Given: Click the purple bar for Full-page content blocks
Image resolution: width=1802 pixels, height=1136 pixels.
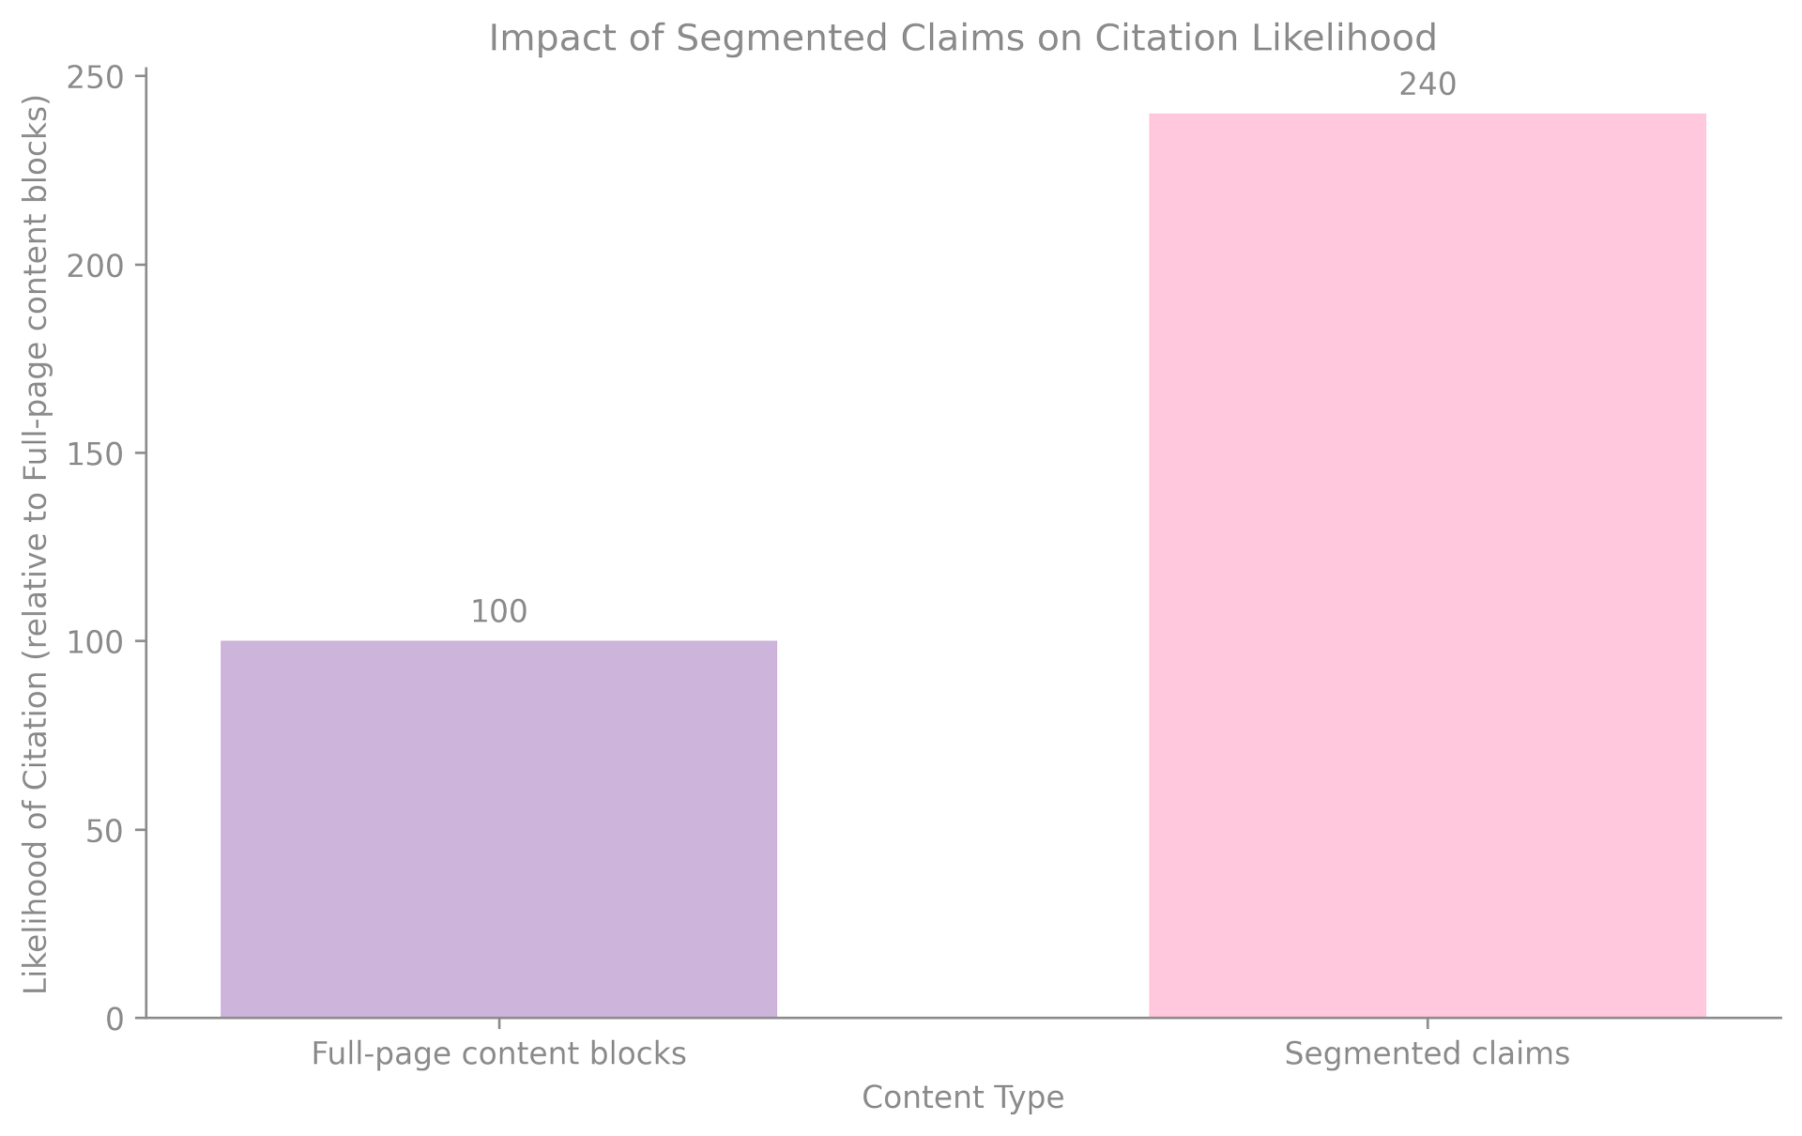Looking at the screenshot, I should coord(498,828).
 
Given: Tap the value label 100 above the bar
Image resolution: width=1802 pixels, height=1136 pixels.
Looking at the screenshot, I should coord(498,612).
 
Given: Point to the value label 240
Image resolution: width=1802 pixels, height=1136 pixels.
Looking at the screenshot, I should coord(1427,85).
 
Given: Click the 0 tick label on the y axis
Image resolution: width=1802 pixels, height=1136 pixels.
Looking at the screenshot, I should coord(114,1019).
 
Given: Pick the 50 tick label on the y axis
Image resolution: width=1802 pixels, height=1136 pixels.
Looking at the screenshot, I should coord(104,831).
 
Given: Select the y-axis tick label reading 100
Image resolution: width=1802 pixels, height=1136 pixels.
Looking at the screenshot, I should coord(95,642).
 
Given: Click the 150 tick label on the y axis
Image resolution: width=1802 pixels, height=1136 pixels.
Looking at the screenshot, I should coord(95,454).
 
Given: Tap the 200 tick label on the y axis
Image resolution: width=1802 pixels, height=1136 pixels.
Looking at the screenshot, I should coord(95,266).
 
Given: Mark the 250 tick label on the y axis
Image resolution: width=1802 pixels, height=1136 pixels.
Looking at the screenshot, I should coord(95,78).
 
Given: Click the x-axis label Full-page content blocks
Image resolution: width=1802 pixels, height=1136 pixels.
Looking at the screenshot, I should coord(498,1054).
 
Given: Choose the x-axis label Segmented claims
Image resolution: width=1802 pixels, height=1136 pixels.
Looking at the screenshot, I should coord(1427,1054).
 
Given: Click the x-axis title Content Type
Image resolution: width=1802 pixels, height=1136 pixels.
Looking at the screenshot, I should coord(963,1098).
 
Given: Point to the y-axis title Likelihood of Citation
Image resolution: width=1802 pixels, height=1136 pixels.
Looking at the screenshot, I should coord(36,545).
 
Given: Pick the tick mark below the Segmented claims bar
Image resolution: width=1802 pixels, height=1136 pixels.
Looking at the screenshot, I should coord(1427,1023).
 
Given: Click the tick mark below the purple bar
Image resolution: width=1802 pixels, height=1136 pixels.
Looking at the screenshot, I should coord(498,1023).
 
